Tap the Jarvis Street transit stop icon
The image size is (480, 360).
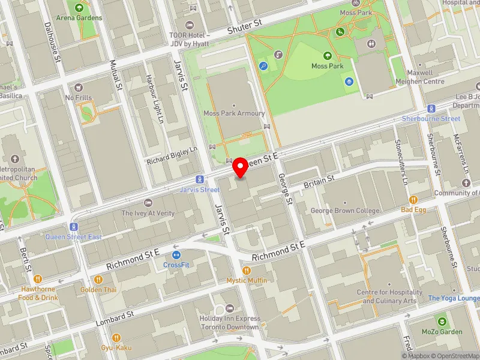(200, 179)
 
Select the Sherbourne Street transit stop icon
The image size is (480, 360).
(431, 109)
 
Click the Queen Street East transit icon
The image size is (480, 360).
(74, 227)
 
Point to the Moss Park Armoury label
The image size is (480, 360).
(233, 113)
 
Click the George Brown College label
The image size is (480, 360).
(344, 211)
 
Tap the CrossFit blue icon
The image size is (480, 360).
(176, 254)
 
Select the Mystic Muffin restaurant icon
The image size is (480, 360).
(247, 271)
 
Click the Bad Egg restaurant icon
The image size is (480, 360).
(413, 200)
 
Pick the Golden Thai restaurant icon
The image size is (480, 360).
(98, 279)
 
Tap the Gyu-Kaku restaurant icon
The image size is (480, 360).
(116, 338)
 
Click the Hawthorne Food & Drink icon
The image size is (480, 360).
(38, 278)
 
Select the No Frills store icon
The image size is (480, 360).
(79, 88)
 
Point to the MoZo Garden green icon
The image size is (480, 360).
(442, 322)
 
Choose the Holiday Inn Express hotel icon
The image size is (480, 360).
(229, 308)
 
